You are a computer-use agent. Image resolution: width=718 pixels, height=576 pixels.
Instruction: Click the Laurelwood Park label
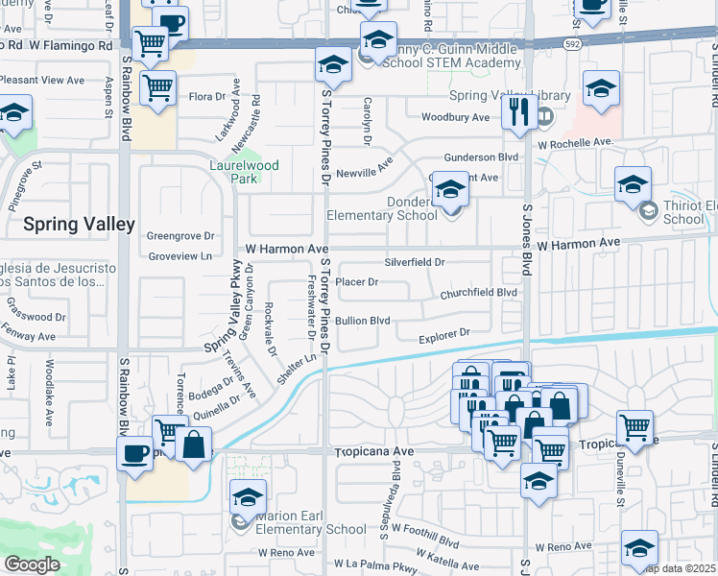pos(244,172)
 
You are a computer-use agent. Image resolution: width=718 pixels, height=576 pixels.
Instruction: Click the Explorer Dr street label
pos(443,333)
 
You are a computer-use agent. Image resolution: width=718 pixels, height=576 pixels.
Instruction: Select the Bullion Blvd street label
pos(362,320)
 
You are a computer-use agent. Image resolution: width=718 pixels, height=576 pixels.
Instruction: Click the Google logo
pos(32,564)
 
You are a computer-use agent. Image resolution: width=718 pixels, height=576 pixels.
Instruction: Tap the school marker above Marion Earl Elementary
pos(248,498)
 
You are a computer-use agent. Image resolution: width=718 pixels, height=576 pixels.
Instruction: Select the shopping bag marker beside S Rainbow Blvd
pos(193,445)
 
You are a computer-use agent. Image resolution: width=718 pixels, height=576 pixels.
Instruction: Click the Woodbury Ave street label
pos(456,117)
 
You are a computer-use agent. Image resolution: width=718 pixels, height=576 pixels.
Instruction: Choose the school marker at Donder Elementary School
pos(449,191)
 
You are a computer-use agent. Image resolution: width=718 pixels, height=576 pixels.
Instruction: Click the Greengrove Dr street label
pos(179,235)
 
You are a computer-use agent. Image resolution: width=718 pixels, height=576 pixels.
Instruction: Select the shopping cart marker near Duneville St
pos(634,427)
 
